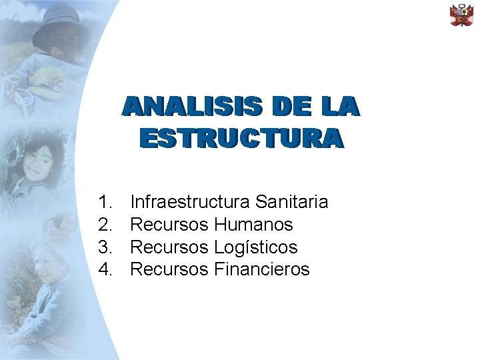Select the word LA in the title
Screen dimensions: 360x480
pyautogui.click(x=339, y=107)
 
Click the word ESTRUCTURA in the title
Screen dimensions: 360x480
pyautogui.click(x=241, y=138)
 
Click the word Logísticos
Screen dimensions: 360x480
pyautogui.click(x=256, y=247)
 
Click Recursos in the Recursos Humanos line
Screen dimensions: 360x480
pyautogui.click(x=169, y=224)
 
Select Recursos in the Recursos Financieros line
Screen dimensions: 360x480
pyautogui.click(x=169, y=269)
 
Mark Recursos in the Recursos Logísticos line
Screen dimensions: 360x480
pyautogui.click(x=169, y=247)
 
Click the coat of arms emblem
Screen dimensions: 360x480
pyautogui.click(x=461, y=15)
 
